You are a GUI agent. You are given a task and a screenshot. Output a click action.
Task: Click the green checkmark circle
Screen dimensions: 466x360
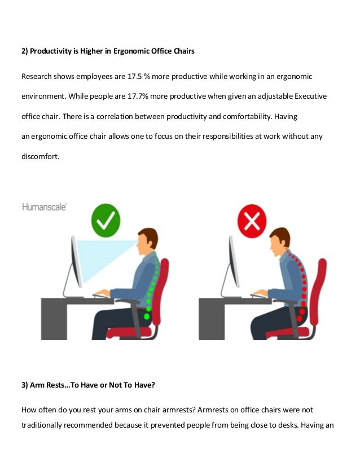pyautogui.click(x=106, y=221)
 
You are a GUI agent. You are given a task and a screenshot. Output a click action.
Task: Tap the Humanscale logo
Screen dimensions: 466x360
pyautogui.click(x=45, y=206)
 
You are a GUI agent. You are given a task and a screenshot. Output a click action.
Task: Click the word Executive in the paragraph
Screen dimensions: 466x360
pyautogui.click(x=308, y=96)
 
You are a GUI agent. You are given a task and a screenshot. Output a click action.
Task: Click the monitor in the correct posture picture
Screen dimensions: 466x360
pyautogui.click(x=75, y=262)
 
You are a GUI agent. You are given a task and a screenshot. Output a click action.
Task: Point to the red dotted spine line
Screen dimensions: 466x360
pyautogui.click(x=302, y=282)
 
